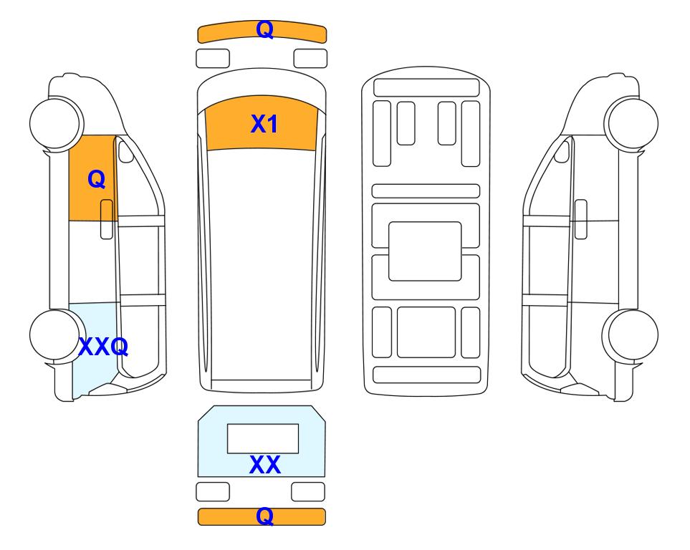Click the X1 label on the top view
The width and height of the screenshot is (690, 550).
264,124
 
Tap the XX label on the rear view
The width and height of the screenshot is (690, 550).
265,465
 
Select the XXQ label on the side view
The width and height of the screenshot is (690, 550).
103,347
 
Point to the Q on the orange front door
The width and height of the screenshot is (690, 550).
97,180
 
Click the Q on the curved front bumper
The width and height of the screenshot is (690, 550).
265,30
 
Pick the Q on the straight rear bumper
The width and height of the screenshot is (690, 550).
265,516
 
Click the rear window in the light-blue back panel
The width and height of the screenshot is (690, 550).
263,439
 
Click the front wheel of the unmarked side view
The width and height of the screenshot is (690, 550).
631,122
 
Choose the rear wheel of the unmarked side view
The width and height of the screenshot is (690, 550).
631,335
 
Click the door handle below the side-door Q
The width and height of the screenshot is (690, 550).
107,219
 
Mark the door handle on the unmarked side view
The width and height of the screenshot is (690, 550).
581,219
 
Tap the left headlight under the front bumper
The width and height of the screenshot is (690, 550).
213,59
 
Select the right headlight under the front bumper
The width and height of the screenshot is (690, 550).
310,59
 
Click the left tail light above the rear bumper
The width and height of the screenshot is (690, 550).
213,491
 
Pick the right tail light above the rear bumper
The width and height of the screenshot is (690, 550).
308,491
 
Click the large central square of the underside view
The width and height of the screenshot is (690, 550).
425,251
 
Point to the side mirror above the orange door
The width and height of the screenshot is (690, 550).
126,150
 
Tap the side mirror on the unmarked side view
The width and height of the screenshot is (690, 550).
562,150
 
